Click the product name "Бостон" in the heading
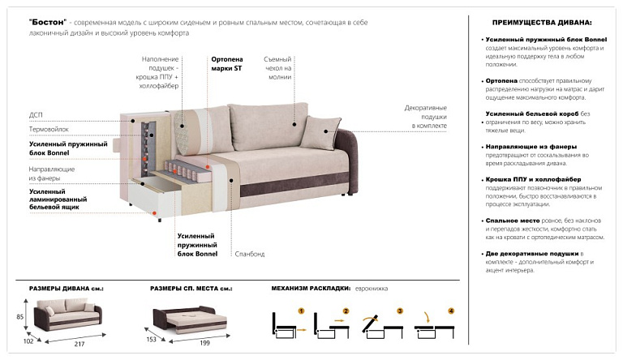pyautogui.click(x=48, y=22)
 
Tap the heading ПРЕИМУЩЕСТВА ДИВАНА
pyautogui.click(x=542, y=23)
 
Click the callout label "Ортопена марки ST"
pyautogui.click(x=227, y=63)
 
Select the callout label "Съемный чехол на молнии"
pyautogui.click(x=277, y=68)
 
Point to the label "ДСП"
pyautogui.click(x=36, y=115)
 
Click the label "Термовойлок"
pyautogui.click(x=49, y=129)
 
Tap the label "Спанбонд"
pyautogui.click(x=250, y=254)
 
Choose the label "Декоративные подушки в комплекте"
pyautogui.click(x=426, y=117)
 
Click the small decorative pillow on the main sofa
pyautogui.click(x=320, y=132)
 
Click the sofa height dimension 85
pyautogui.click(x=19, y=317)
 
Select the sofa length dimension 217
pyautogui.click(x=79, y=344)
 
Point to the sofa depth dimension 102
pyautogui.click(x=28, y=341)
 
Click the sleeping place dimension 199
pyautogui.click(x=204, y=342)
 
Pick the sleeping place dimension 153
pyautogui.click(x=152, y=339)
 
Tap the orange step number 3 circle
pyautogui.click(x=400, y=311)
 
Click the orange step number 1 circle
pyautogui.click(x=301, y=311)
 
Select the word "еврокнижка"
pyautogui.click(x=371, y=289)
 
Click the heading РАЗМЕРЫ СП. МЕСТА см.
pyautogui.click(x=191, y=289)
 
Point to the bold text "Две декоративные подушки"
pyautogui.click(x=532, y=254)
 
